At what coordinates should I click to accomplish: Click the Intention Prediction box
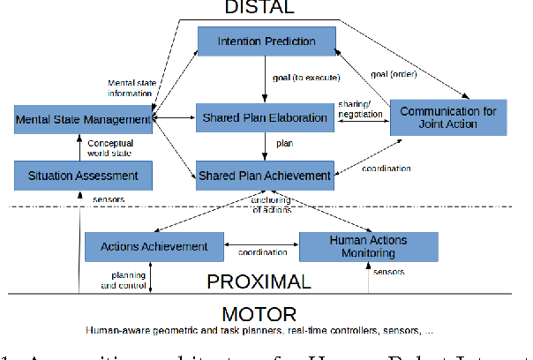tap(266, 41)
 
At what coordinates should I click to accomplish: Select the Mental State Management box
tap(84, 118)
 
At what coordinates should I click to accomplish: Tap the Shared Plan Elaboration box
tap(266, 116)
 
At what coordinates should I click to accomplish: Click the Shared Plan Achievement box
tap(266, 175)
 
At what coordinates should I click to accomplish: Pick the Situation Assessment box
tap(83, 176)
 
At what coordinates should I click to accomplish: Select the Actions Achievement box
tap(154, 246)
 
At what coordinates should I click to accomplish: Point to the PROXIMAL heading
tap(259, 282)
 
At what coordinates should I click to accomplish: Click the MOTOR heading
tap(260, 314)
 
